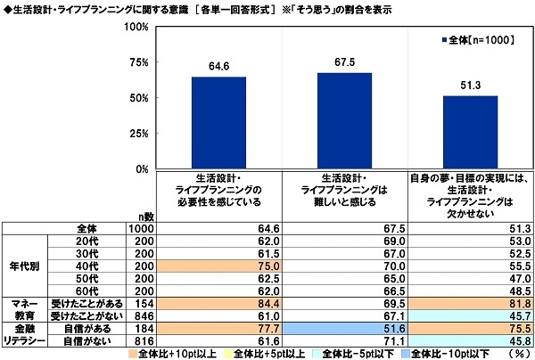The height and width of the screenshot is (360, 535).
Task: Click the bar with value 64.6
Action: point(218,123)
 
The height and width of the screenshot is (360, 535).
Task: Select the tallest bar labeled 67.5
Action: point(344,120)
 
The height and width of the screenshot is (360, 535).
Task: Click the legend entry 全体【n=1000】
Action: point(476,40)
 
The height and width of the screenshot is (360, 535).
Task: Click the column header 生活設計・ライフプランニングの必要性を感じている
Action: point(218,189)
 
